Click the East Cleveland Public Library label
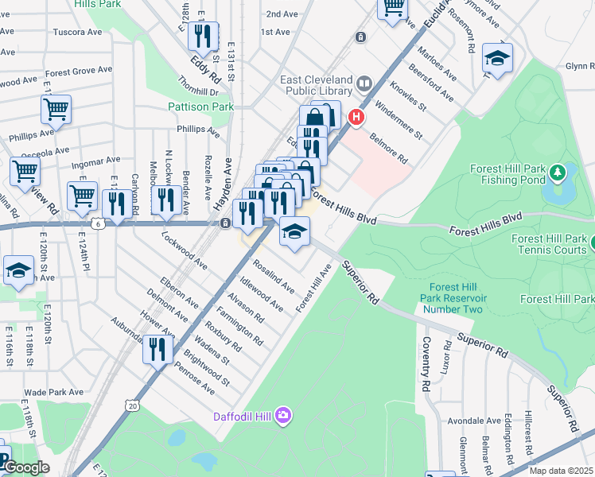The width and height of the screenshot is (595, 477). pyautogui.click(x=317, y=87)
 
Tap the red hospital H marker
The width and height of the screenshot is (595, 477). pyautogui.click(x=356, y=119)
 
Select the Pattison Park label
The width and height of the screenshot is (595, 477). pyautogui.click(x=200, y=107)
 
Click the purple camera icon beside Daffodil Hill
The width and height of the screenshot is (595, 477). pyautogui.click(x=284, y=416)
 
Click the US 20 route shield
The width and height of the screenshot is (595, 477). pyautogui.click(x=132, y=405)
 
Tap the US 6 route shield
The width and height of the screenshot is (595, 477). pyautogui.click(x=97, y=224)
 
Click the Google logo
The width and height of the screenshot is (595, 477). pyautogui.click(x=25, y=468)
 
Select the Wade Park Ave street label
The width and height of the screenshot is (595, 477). pyautogui.click(x=53, y=392)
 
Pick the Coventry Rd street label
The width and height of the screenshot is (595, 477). pyautogui.click(x=426, y=364)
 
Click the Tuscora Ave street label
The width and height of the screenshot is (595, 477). pyautogui.click(x=77, y=33)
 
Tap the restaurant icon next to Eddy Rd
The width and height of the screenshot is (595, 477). pyautogui.click(x=205, y=36)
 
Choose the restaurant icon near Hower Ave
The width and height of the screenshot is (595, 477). pyautogui.click(x=157, y=348)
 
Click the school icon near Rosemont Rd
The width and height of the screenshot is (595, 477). pyautogui.click(x=497, y=59)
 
